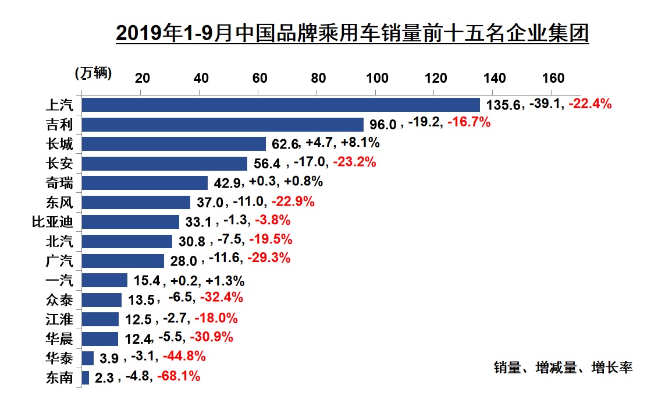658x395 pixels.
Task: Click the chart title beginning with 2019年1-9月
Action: (353, 33)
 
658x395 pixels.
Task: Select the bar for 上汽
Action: (280, 105)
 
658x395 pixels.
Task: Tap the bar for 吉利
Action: (222, 124)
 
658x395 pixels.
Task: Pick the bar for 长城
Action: (173, 144)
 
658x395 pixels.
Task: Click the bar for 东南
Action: (86, 378)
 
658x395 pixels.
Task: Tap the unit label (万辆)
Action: (93, 73)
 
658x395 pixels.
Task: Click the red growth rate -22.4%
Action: (590, 104)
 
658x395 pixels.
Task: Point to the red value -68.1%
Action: (179, 376)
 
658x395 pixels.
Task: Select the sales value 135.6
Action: (506, 105)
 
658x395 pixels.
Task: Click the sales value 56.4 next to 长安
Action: (265, 163)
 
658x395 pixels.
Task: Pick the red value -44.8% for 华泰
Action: (184, 357)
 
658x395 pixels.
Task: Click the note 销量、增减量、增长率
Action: (563, 368)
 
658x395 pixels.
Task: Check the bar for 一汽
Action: (105, 280)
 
